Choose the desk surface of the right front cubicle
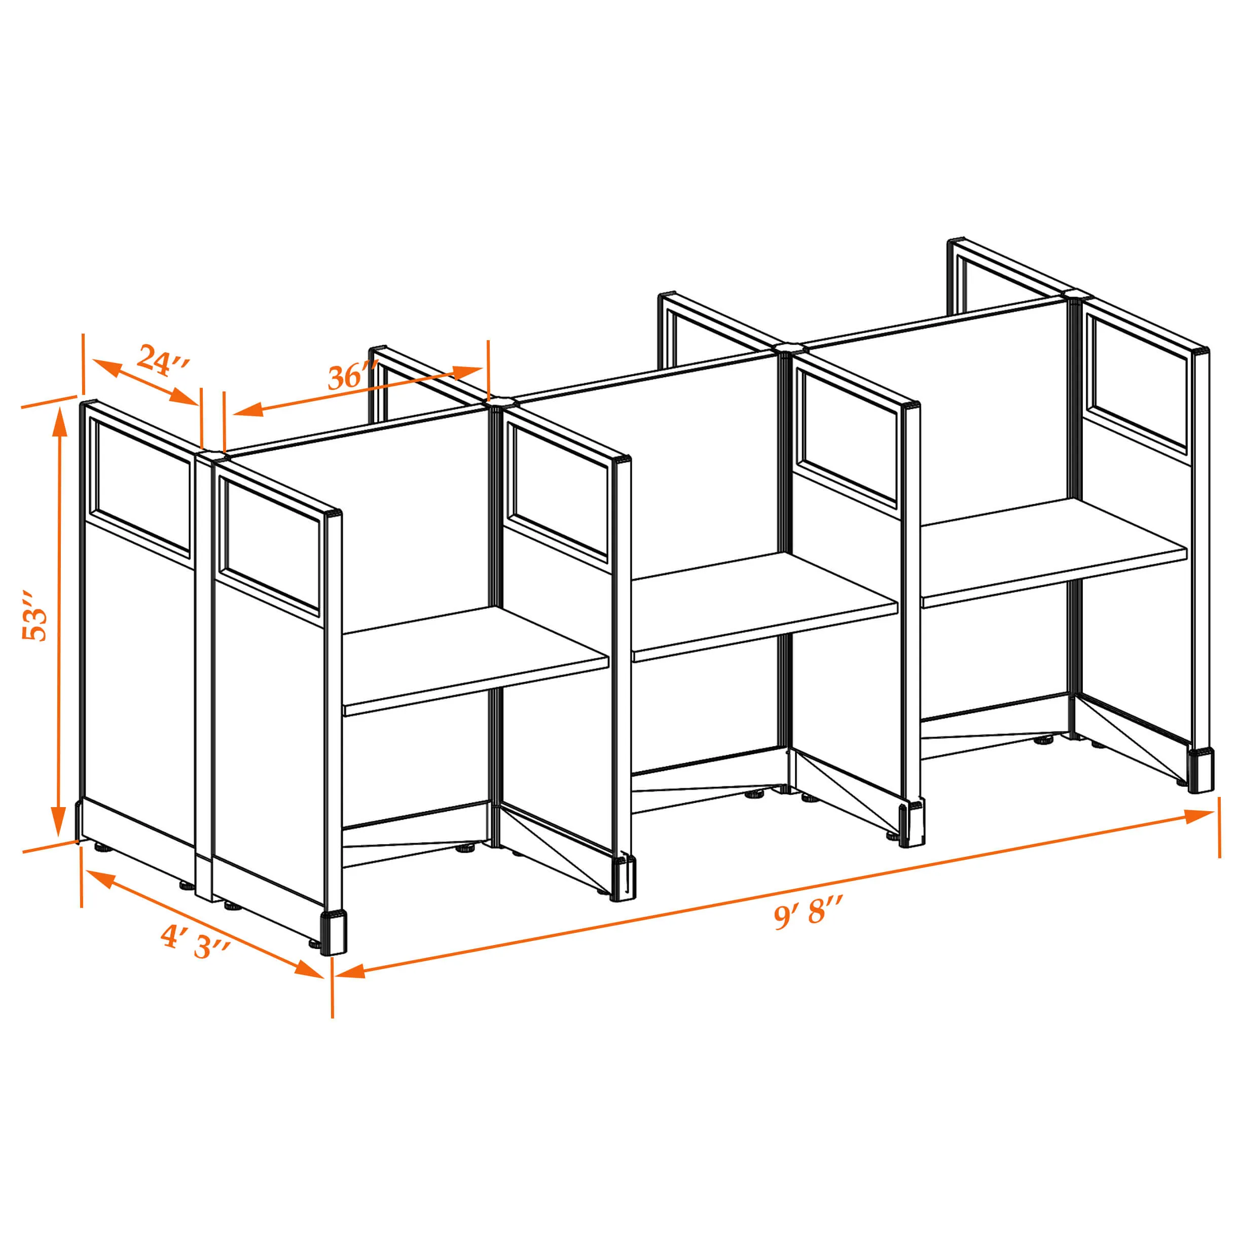(1054, 553)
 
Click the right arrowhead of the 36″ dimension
(467, 372)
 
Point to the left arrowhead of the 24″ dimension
(107, 368)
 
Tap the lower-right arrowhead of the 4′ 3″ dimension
(309, 969)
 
